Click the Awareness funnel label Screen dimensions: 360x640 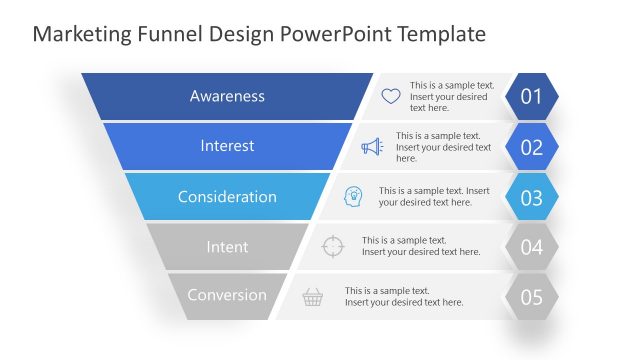[227, 97]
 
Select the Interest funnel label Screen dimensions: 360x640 [227, 146]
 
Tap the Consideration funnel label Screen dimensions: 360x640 [227, 197]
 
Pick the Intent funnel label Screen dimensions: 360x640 [227, 246]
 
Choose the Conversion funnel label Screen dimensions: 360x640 [227, 295]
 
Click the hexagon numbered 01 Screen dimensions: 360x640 [531, 97]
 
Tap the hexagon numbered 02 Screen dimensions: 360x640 [531, 147]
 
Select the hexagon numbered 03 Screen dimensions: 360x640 [531, 197]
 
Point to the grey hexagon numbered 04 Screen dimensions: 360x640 [531, 247]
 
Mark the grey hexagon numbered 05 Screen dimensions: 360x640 [531, 297]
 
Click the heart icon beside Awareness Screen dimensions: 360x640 [391, 97]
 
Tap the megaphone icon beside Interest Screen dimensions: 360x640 [372, 147]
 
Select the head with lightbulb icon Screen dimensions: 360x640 [353, 196]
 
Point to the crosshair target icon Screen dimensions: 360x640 [334, 246]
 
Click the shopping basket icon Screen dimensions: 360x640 [313, 297]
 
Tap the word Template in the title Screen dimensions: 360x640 [442, 34]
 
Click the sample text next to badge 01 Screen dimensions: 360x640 [451, 97]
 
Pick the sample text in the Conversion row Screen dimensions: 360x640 [404, 296]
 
